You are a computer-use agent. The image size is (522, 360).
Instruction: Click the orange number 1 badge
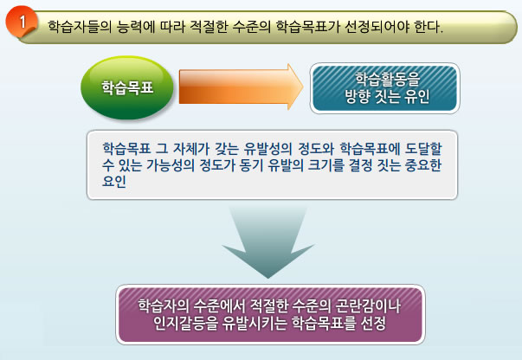(21, 22)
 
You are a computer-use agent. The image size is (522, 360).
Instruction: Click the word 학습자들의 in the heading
(80, 26)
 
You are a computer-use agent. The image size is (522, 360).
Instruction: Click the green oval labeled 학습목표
(127, 87)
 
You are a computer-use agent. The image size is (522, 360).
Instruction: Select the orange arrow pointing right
(241, 87)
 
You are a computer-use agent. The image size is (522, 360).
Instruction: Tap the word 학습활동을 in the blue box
(388, 79)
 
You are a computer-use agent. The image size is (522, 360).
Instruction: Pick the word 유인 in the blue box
(417, 96)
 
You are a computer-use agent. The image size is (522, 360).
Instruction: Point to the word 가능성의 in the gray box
(171, 165)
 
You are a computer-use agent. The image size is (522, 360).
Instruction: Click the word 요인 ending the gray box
(114, 182)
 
